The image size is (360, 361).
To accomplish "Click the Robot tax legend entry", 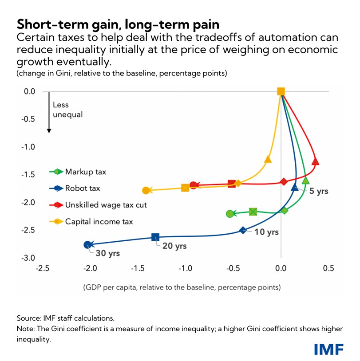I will [83, 188].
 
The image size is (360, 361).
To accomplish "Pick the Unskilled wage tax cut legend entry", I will [106, 205].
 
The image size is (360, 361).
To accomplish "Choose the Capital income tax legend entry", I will [99, 221].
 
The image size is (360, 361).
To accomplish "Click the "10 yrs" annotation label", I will [266, 232].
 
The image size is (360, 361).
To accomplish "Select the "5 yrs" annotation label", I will [319, 191].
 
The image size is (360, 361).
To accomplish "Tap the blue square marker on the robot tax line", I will [155, 237].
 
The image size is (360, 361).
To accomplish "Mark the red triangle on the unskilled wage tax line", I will [316, 161].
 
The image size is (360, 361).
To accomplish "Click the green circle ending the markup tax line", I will [229, 214].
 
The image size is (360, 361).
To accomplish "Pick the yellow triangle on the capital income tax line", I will [268, 159].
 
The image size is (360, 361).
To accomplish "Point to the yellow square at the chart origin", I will [281, 91].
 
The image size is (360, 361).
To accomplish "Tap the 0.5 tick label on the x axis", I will [328, 268].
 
